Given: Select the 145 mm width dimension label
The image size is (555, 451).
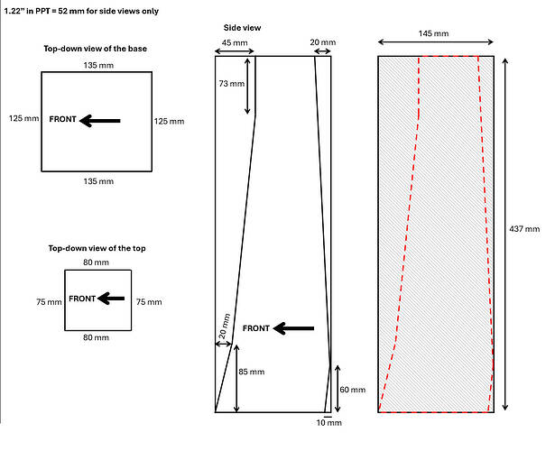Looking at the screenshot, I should point(435,33).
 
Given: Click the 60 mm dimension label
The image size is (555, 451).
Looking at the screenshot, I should point(354,390).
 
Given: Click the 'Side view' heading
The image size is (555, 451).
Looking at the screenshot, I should point(243,28).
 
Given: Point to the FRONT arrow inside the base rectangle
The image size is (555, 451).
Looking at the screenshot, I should point(99,119).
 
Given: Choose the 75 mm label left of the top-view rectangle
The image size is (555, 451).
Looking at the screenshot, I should point(47,302).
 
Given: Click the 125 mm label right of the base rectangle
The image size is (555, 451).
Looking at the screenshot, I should point(169,121).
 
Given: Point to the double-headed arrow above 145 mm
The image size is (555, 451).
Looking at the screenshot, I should point(435,43).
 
